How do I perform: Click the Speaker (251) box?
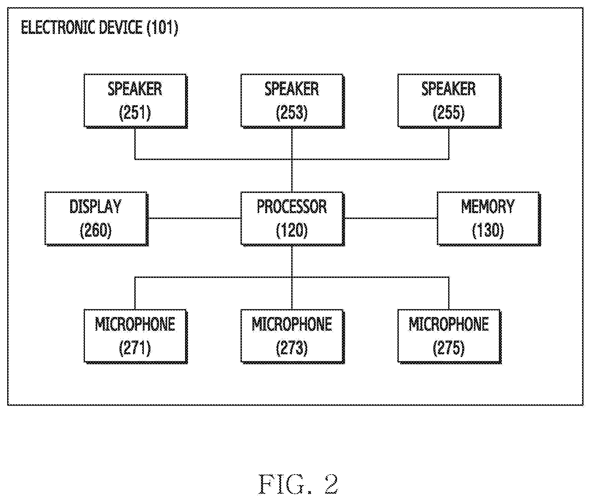tap(136, 101)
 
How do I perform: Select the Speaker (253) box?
tap(293, 101)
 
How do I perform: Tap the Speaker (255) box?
tap(449, 101)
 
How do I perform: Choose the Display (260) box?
tap(96, 219)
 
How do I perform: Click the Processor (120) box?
tap(293, 219)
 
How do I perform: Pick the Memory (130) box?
tap(489, 219)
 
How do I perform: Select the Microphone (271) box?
tap(136, 336)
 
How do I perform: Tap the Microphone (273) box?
tap(293, 336)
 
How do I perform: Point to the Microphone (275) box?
tap(449, 336)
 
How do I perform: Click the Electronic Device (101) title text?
tap(100, 28)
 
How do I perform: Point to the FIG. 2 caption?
tap(298, 484)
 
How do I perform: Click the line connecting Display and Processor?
tap(194, 218)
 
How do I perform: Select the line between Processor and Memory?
tap(391, 218)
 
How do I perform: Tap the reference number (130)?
tap(488, 231)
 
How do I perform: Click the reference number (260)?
tap(96, 231)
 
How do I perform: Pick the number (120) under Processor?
tap(292, 231)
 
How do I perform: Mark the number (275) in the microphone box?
tap(449, 348)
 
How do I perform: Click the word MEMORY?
tap(488, 207)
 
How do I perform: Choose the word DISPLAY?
tap(96, 207)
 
